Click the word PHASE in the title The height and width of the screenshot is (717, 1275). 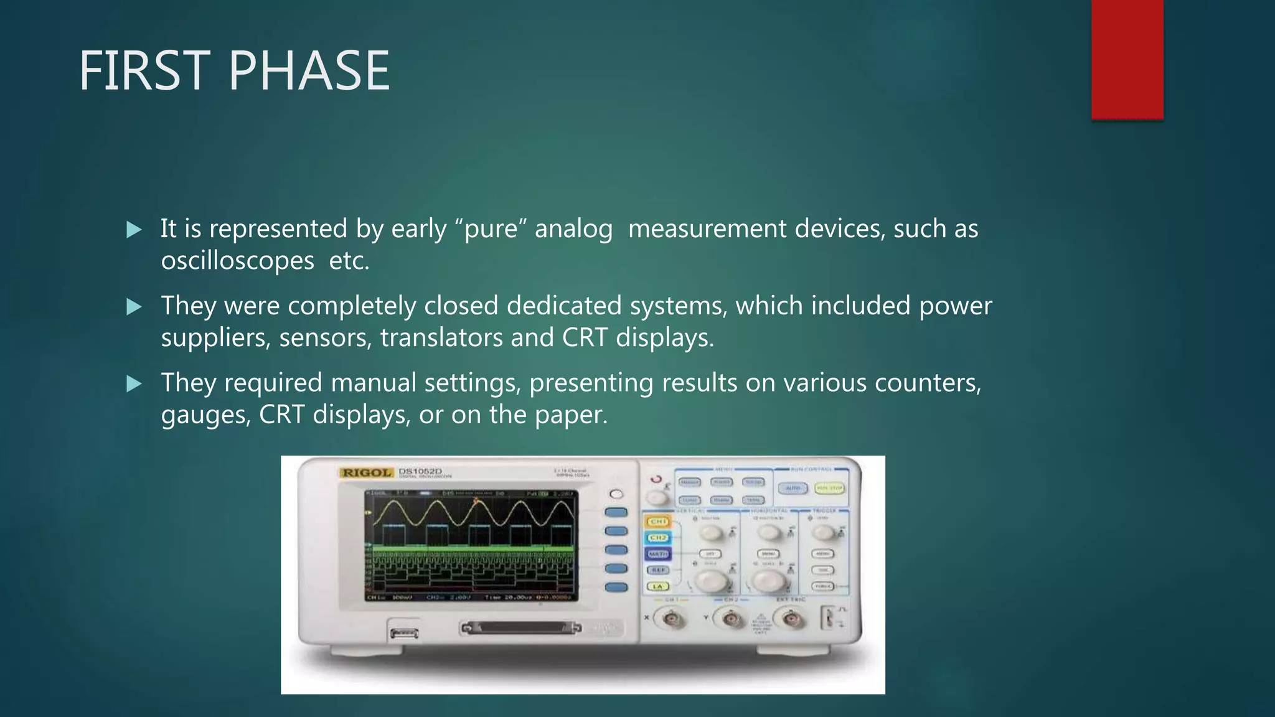(309, 71)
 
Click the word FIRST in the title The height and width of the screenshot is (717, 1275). (144, 71)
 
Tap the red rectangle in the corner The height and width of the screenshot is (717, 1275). (1127, 59)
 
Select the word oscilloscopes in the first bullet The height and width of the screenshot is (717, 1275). (237, 261)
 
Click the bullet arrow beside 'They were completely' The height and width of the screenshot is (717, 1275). (134, 307)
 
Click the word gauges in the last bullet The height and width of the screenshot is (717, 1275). (205, 415)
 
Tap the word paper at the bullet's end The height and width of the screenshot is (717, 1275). (571, 415)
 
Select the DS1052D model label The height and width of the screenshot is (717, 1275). (420, 471)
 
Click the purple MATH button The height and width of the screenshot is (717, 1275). (658, 553)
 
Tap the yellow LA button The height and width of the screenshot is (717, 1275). (657, 586)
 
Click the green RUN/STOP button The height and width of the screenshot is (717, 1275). (829, 489)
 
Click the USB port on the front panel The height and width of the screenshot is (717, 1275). (404, 634)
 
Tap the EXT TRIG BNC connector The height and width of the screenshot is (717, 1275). (790, 619)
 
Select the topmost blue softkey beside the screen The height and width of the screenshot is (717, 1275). (616, 512)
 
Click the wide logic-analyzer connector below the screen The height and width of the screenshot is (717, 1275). (520, 628)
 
